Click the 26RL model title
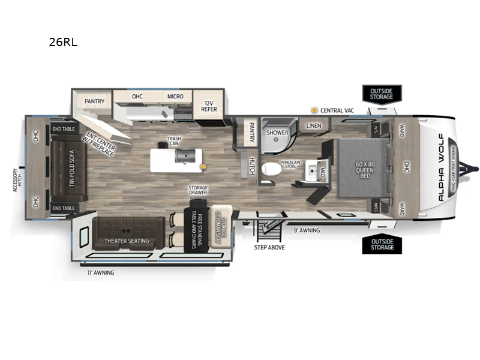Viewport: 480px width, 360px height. pyautogui.click(x=63, y=43)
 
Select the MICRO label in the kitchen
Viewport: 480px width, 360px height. pyautogui.click(x=175, y=97)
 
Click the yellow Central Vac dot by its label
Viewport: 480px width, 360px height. pyautogui.click(x=314, y=110)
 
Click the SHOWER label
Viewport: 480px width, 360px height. pyautogui.click(x=277, y=133)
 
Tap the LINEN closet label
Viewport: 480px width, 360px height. pyautogui.click(x=314, y=125)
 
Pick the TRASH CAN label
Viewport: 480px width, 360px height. pyautogui.click(x=175, y=142)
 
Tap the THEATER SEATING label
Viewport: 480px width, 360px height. pyautogui.click(x=126, y=241)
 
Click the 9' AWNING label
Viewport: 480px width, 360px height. pyautogui.click(x=307, y=230)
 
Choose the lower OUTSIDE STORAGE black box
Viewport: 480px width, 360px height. pyautogui.click(x=381, y=245)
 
